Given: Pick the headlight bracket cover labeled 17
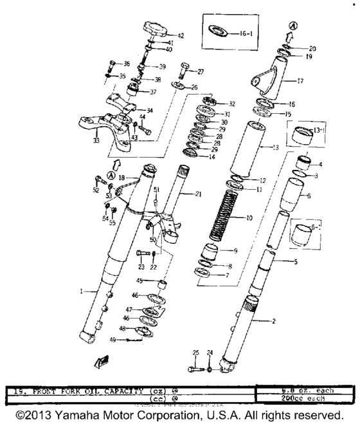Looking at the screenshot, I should [x=270, y=80].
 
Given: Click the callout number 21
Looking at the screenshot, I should [x=198, y=194].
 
